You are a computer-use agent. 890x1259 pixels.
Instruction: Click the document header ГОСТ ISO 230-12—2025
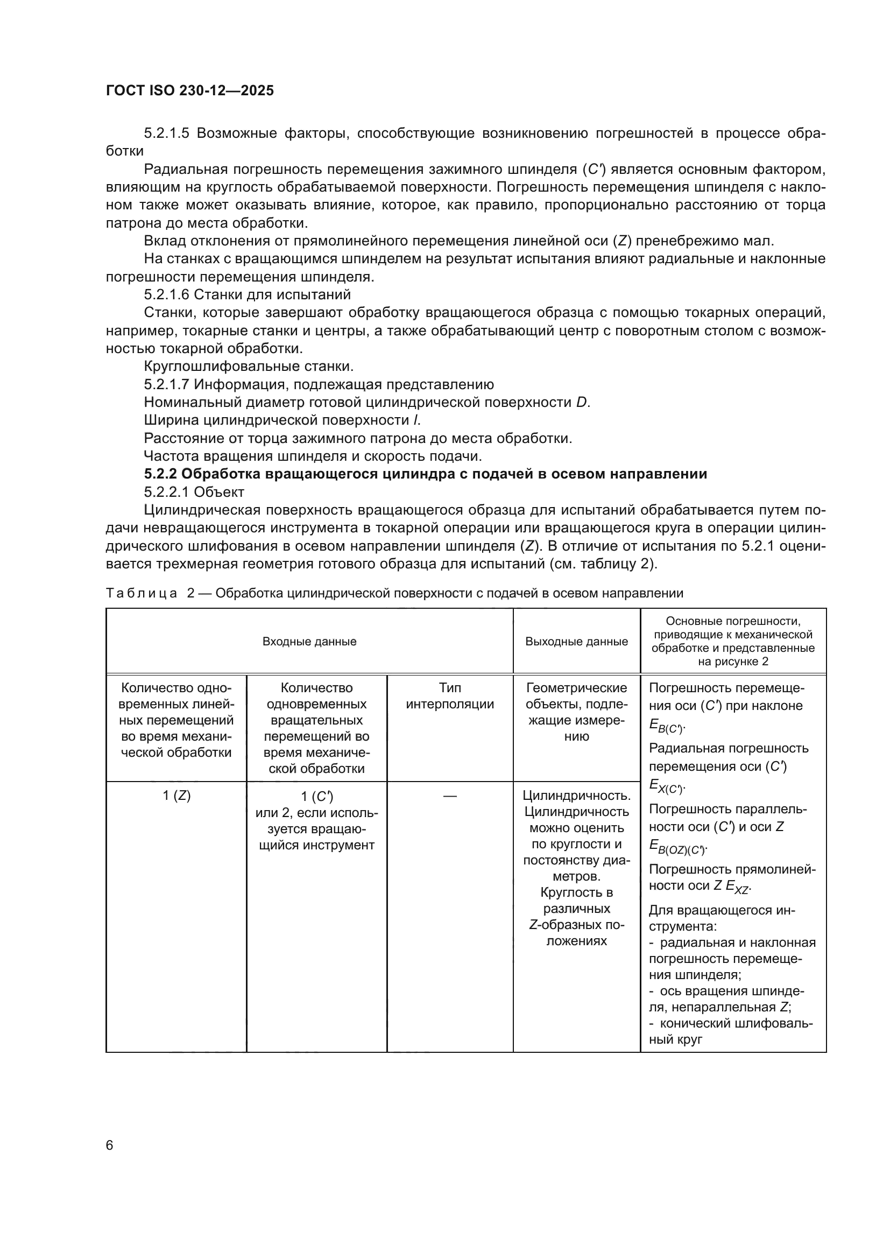(x=189, y=90)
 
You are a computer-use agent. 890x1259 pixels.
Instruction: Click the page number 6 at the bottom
(x=110, y=1145)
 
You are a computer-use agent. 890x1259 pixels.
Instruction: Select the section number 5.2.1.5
(x=167, y=133)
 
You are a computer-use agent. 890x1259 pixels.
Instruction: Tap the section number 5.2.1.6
(x=167, y=294)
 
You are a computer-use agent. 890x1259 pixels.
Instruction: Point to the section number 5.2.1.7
(x=167, y=384)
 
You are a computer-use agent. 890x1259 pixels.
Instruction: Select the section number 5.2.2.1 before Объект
(x=167, y=492)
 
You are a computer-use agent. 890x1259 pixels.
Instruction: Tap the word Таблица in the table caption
(x=142, y=593)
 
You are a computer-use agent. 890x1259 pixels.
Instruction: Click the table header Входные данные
(x=309, y=642)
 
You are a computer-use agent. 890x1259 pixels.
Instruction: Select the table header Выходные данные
(x=576, y=642)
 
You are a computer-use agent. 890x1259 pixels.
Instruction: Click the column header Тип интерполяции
(x=450, y=696)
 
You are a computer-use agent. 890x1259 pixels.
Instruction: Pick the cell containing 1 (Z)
(x=176, y=796)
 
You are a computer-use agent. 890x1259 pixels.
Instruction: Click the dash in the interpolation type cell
(x=450, y=796)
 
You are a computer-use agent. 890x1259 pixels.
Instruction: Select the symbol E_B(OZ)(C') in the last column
(x=677, y=847)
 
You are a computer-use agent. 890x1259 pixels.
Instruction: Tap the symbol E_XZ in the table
(x=738, y=887)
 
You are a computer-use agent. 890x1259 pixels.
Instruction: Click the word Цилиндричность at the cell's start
(x=576, y=796)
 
